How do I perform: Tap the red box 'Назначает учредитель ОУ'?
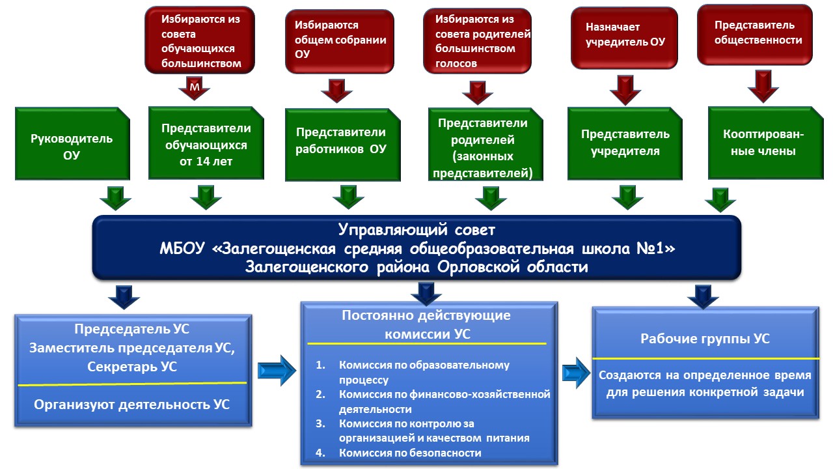pos(625,36)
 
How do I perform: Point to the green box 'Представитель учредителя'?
pos(625,143)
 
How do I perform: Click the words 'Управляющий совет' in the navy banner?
pos(416,229)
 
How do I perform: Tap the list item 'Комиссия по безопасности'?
pos(410,453)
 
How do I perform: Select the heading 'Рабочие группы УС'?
pos(705,339)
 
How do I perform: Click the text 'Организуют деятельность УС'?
pos(132,405)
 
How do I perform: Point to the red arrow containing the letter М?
pos(195,87)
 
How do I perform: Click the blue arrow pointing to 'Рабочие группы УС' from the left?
pos(576,373)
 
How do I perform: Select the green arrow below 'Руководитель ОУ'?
pos(115,196)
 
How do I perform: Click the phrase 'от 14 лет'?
pos(204,162)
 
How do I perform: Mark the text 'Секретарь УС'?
pos(132,367)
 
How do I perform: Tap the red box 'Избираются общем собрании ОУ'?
pos(339,40)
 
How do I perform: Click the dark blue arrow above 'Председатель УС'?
pos(124,296)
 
